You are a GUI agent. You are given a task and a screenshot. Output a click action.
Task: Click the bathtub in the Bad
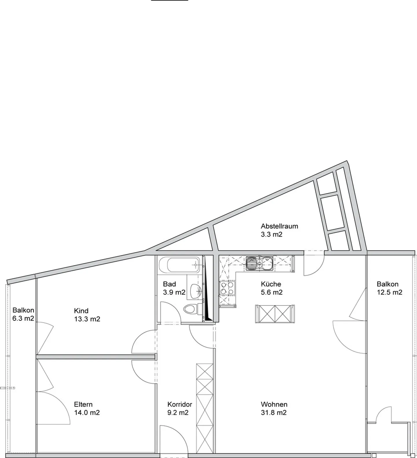[180, 264]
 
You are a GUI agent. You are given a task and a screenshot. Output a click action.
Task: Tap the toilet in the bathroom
[191, 309]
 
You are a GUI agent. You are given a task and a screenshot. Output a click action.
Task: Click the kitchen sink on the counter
[259, 264]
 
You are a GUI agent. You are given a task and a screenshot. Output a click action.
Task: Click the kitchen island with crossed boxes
[275, 314]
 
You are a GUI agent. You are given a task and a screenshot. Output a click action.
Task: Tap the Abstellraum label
[279, 226]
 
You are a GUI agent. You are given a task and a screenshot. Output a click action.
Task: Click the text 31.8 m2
[273, 413]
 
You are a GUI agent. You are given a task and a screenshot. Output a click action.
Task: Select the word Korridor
[180, 404]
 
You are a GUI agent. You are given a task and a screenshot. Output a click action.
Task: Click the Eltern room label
[83, 404]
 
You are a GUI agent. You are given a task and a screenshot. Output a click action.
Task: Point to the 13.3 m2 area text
[87, 319]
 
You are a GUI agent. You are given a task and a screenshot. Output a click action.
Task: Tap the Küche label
[271, 284]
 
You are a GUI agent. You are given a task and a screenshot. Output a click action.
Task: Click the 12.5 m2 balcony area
[389, 292]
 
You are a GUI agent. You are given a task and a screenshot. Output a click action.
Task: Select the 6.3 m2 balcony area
[23, 318]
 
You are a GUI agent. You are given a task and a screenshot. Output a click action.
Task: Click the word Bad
[169, 284]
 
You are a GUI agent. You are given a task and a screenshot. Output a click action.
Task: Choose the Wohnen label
[274, 404]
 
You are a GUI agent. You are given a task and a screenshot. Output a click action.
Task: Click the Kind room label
[81, 311]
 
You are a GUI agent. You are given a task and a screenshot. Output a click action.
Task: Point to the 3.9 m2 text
[174, 292]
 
